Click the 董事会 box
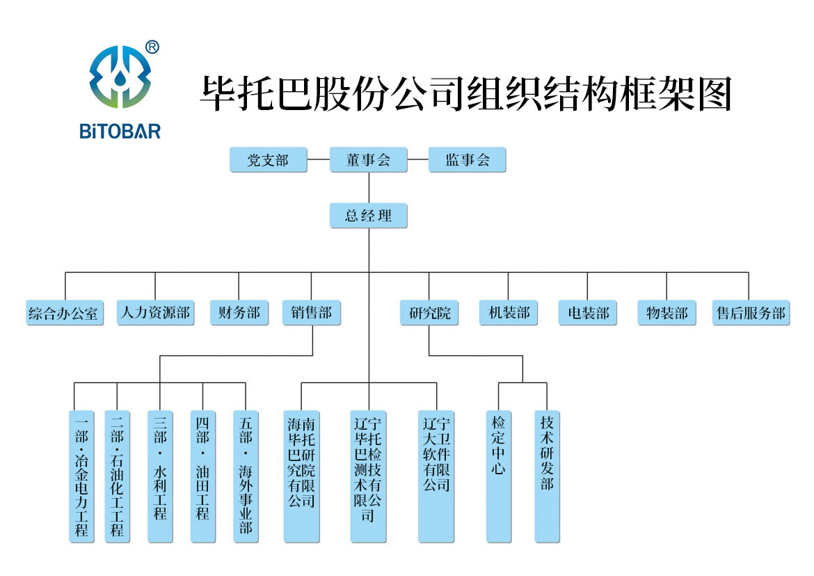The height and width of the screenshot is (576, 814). [x=368, y=160]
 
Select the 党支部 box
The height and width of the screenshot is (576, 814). [x=269, y=160]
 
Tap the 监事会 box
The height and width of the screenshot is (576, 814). [x=467, y=160]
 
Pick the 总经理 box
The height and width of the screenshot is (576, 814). [x=368, y=216]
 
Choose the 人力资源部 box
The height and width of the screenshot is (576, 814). [x=154, y=313]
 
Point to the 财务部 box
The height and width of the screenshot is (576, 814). [x=239, y=313]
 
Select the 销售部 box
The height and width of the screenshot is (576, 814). [x=311, y=313]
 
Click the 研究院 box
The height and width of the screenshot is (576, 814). [x=429, y=313]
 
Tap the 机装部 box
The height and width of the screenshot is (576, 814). [x=509, y=313]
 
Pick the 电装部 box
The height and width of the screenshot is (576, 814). [x=588, y=313]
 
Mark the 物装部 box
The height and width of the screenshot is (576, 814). [x=667, y=313]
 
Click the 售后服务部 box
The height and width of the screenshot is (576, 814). [x=751, y=313]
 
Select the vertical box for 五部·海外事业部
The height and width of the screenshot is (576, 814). [x=246, y=476]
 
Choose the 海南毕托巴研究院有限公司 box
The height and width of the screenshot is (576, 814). [x=301, y=476]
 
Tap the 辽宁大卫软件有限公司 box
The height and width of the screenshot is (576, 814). [x=437, y=476]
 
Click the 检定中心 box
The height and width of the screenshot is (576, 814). [x=499, y=476]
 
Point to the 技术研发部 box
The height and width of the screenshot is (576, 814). [x=548, y=476]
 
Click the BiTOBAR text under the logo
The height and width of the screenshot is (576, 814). [x=120, y=130]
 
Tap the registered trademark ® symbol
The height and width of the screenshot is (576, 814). [x=152, y=47]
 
